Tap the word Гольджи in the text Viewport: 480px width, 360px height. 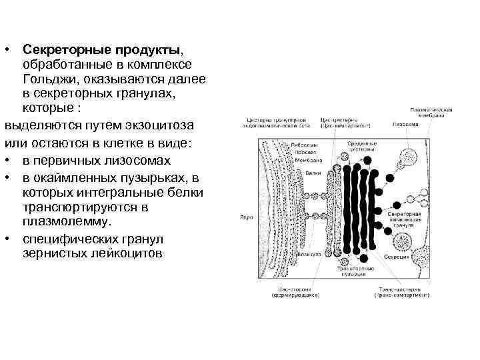49,79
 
